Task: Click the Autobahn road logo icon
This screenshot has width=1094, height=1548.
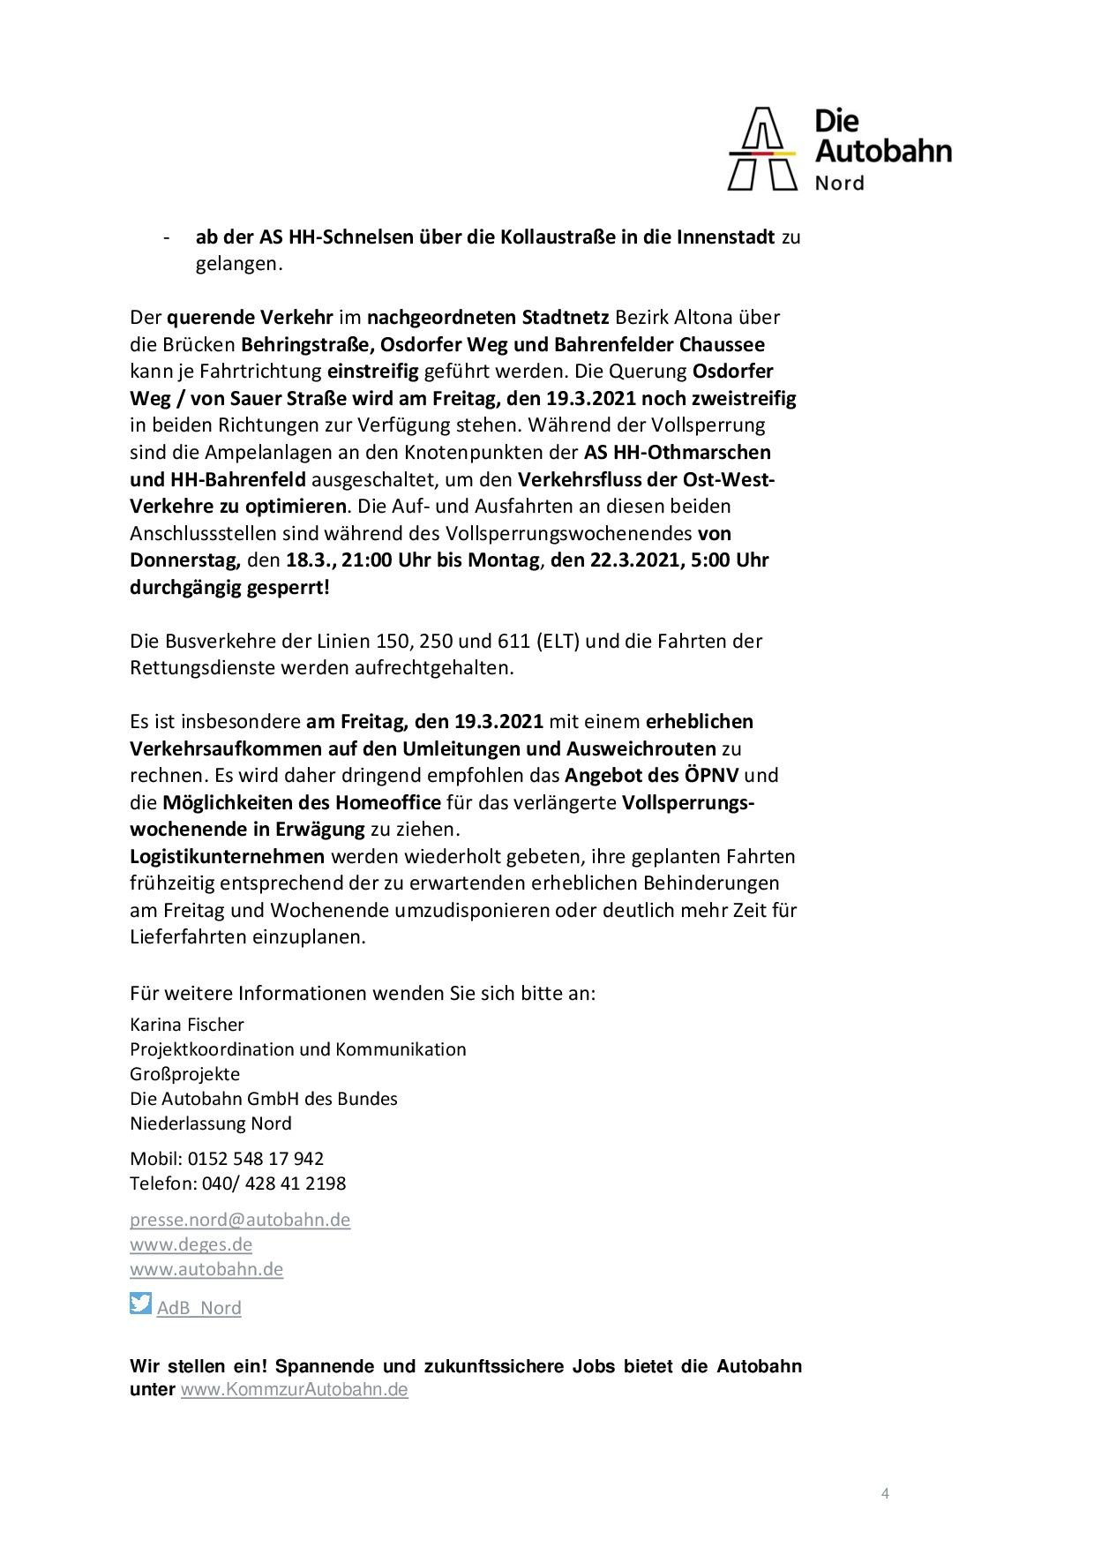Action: point(761,149)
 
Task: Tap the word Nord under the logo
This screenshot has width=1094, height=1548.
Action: point(839,184)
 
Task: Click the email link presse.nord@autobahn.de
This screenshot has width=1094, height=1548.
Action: point(240,1220)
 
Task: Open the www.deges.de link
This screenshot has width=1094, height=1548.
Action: point(191,1244)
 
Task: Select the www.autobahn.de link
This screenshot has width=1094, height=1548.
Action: point(206,1269)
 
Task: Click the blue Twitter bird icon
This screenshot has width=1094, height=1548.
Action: point(140,1303)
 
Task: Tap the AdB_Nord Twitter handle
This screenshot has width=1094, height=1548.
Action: point(199,1308)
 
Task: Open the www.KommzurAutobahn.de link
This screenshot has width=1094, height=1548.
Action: point(294,1390)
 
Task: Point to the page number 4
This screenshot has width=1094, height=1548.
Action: point(885,1493)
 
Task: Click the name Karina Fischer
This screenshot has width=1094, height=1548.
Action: point(186,1025)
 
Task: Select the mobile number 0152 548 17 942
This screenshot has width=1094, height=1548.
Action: point(255,1158)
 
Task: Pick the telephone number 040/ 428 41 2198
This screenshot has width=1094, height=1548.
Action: point(273,1183)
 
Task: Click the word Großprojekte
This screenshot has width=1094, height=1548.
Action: point(184,1074)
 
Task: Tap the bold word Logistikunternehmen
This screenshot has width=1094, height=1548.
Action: point(228,856)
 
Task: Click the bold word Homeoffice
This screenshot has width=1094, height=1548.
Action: point(388,802)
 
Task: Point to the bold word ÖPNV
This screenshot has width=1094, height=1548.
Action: point(713,776)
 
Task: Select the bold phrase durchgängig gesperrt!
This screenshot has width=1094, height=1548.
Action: point(229,587)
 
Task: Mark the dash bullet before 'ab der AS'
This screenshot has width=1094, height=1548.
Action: point(165,237)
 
